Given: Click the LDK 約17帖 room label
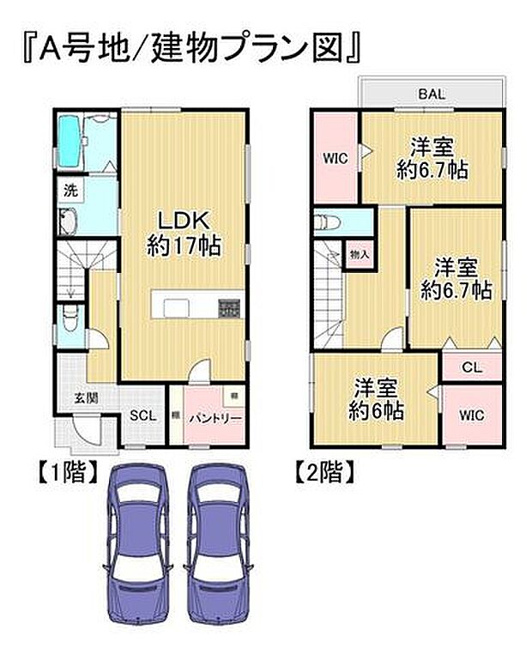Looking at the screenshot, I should click(183, 232).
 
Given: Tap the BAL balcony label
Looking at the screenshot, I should click(431, 94).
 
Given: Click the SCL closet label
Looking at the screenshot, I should click(142, 415).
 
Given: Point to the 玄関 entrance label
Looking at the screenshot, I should click(84, 397).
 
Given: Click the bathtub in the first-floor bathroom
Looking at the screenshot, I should click(70, 136).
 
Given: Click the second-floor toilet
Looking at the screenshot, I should click(329, 222).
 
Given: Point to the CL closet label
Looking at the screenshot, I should click(471, 367).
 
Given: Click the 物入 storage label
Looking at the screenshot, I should click(360, 255).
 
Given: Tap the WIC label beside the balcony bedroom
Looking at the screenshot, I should click(335, 158).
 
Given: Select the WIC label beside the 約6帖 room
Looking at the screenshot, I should click(471, 415).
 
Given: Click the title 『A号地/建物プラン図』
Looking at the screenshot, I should click(187, 48).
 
